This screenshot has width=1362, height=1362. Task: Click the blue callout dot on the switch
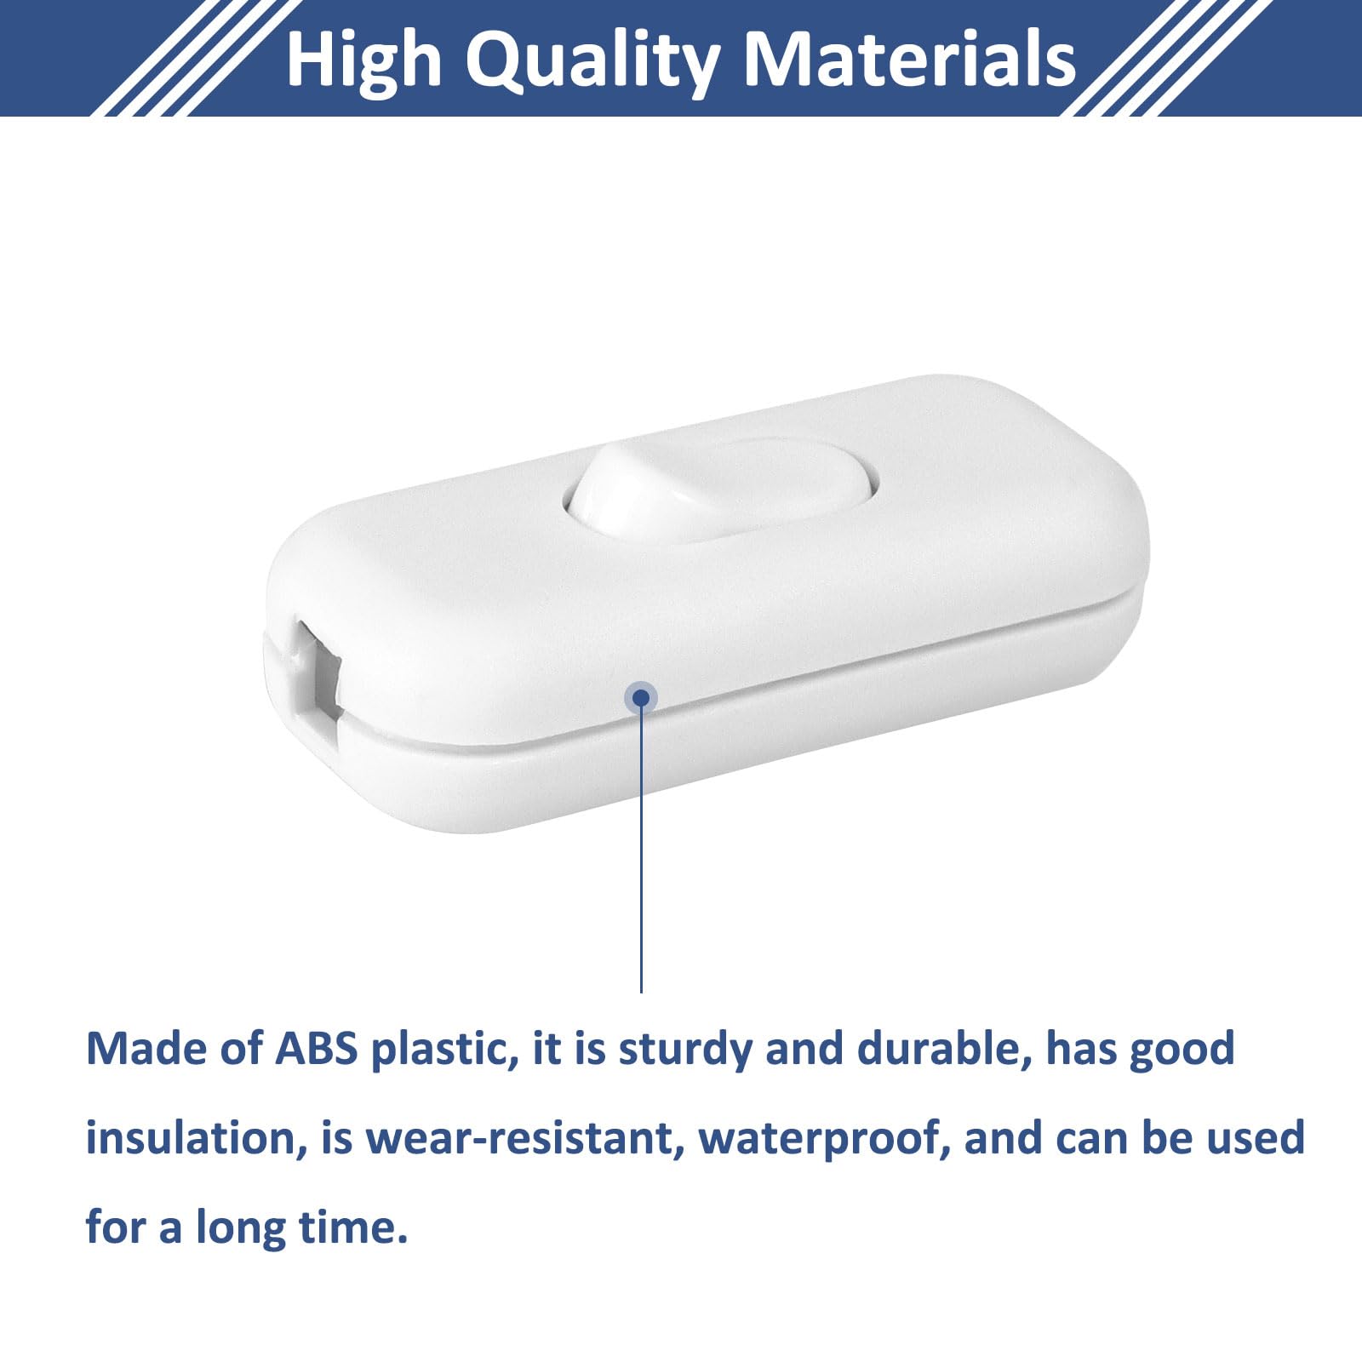click(641, 699)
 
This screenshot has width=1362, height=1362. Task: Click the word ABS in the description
click(317, 1049)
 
